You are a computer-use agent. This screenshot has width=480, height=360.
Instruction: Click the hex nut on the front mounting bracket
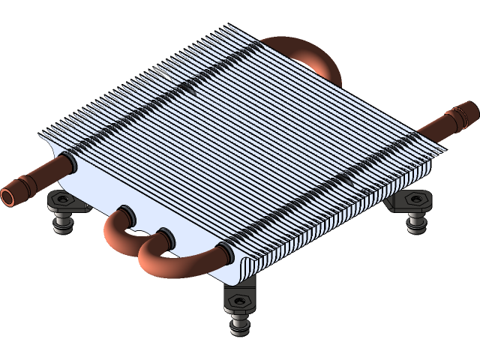click(240, 301)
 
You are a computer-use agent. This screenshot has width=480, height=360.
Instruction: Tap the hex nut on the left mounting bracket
click(61, 199)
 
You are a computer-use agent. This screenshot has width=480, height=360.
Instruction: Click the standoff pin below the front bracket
click(240, 325)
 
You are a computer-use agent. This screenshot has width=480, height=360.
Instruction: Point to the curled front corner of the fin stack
click(242, 266)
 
